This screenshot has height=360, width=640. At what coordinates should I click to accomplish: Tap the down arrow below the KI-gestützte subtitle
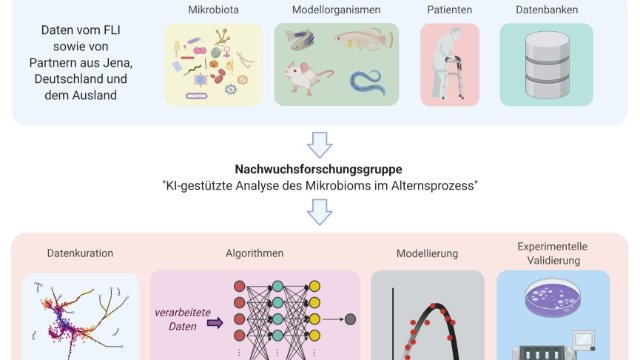(320, 209)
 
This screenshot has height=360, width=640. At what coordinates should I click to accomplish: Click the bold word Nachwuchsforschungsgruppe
(320, 169)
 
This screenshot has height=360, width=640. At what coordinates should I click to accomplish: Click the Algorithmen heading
(254, 254)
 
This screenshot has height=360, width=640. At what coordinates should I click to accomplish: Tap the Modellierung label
(427, 254)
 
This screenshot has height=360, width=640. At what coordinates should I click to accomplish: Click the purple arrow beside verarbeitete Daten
(214, 322)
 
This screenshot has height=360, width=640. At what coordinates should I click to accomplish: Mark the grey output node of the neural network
(351, 320)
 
